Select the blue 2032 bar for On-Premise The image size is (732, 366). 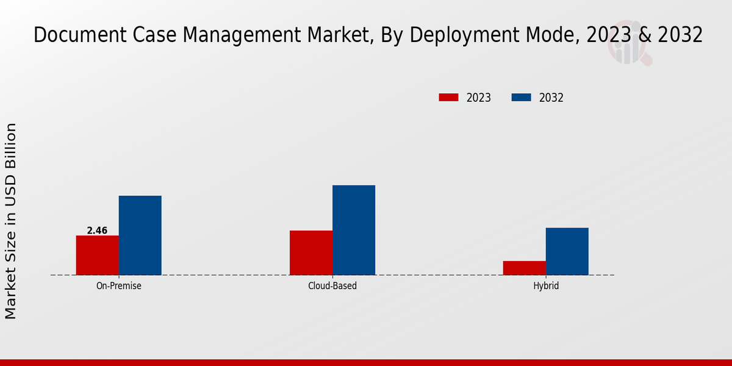[x=140, y=235]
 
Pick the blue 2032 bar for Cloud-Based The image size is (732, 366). [x=354, y=230]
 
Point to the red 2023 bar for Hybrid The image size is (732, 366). [x=524, y=268]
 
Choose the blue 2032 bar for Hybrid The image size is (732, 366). [x=567, y=251]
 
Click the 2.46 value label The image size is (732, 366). [x=97, y=231]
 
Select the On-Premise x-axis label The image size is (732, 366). [x=118, y=285]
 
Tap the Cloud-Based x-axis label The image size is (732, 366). [x=332, y=285]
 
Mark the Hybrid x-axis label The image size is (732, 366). [x=545, y=285]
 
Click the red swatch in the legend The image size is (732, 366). [x=448, y=98]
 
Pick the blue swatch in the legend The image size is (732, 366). [x=521, y=98]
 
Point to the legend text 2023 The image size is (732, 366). [x=479, y=98]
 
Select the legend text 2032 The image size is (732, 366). [x=551, y=98]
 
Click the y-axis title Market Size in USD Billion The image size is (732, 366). [x=11, y=221]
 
